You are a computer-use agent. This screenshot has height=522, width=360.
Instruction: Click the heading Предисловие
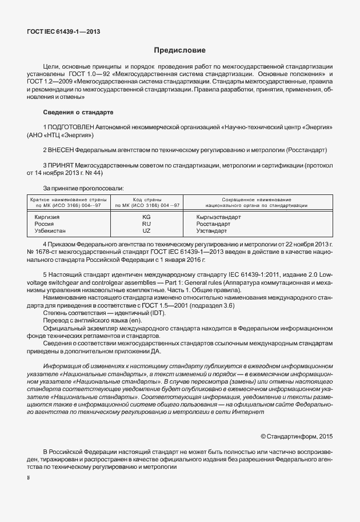(x=180, y=50)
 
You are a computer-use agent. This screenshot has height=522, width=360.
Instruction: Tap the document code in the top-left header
(x=59, y=32)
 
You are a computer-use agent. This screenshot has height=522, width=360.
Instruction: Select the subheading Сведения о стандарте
(x=78, y=111)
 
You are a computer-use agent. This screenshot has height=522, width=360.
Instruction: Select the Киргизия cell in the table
(x=47, y=217)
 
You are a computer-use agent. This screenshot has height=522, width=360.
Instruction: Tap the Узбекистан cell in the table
(x=50, y=231)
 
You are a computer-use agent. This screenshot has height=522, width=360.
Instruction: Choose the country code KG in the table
(x=146, y=217)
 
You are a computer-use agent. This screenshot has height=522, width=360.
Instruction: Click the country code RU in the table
(x=146, y=224)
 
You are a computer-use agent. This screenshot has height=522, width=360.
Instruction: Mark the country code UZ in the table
(x=146, y=231)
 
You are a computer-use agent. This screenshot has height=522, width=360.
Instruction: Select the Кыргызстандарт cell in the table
(x=218, y=217)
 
